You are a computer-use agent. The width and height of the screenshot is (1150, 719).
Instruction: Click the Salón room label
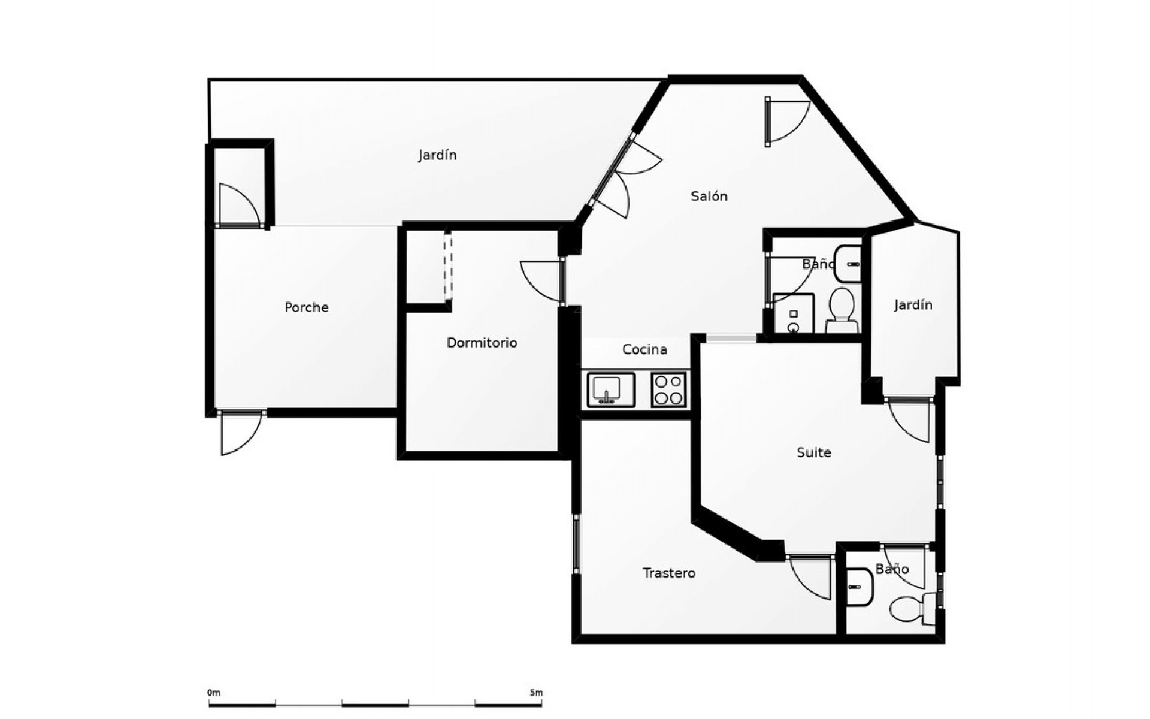tap(709, 197)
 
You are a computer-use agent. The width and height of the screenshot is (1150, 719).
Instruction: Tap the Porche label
tap(306, 308)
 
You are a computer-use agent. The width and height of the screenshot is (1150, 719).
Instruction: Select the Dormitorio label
tap(482, 343)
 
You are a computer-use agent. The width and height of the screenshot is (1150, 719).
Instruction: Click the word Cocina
tap(644, 349)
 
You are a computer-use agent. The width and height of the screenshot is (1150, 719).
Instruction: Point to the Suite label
tap(813, 452)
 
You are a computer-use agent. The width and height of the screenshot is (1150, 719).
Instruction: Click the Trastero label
tap(668, 573)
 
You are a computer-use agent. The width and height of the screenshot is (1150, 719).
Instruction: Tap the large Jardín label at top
tap(437, 155)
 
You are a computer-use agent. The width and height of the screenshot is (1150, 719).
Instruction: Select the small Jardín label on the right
tap(913, 305)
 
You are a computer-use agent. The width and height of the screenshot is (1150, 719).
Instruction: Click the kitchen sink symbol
tap(610, 390)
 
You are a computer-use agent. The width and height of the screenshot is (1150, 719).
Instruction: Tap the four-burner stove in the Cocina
tap(668, 390)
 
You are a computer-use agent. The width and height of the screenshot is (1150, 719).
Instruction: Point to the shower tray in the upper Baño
tap(794, 313)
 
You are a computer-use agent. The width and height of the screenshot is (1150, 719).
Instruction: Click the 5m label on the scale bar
tap(536, 693)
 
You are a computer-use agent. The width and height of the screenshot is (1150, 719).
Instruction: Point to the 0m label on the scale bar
tap(214, 693)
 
